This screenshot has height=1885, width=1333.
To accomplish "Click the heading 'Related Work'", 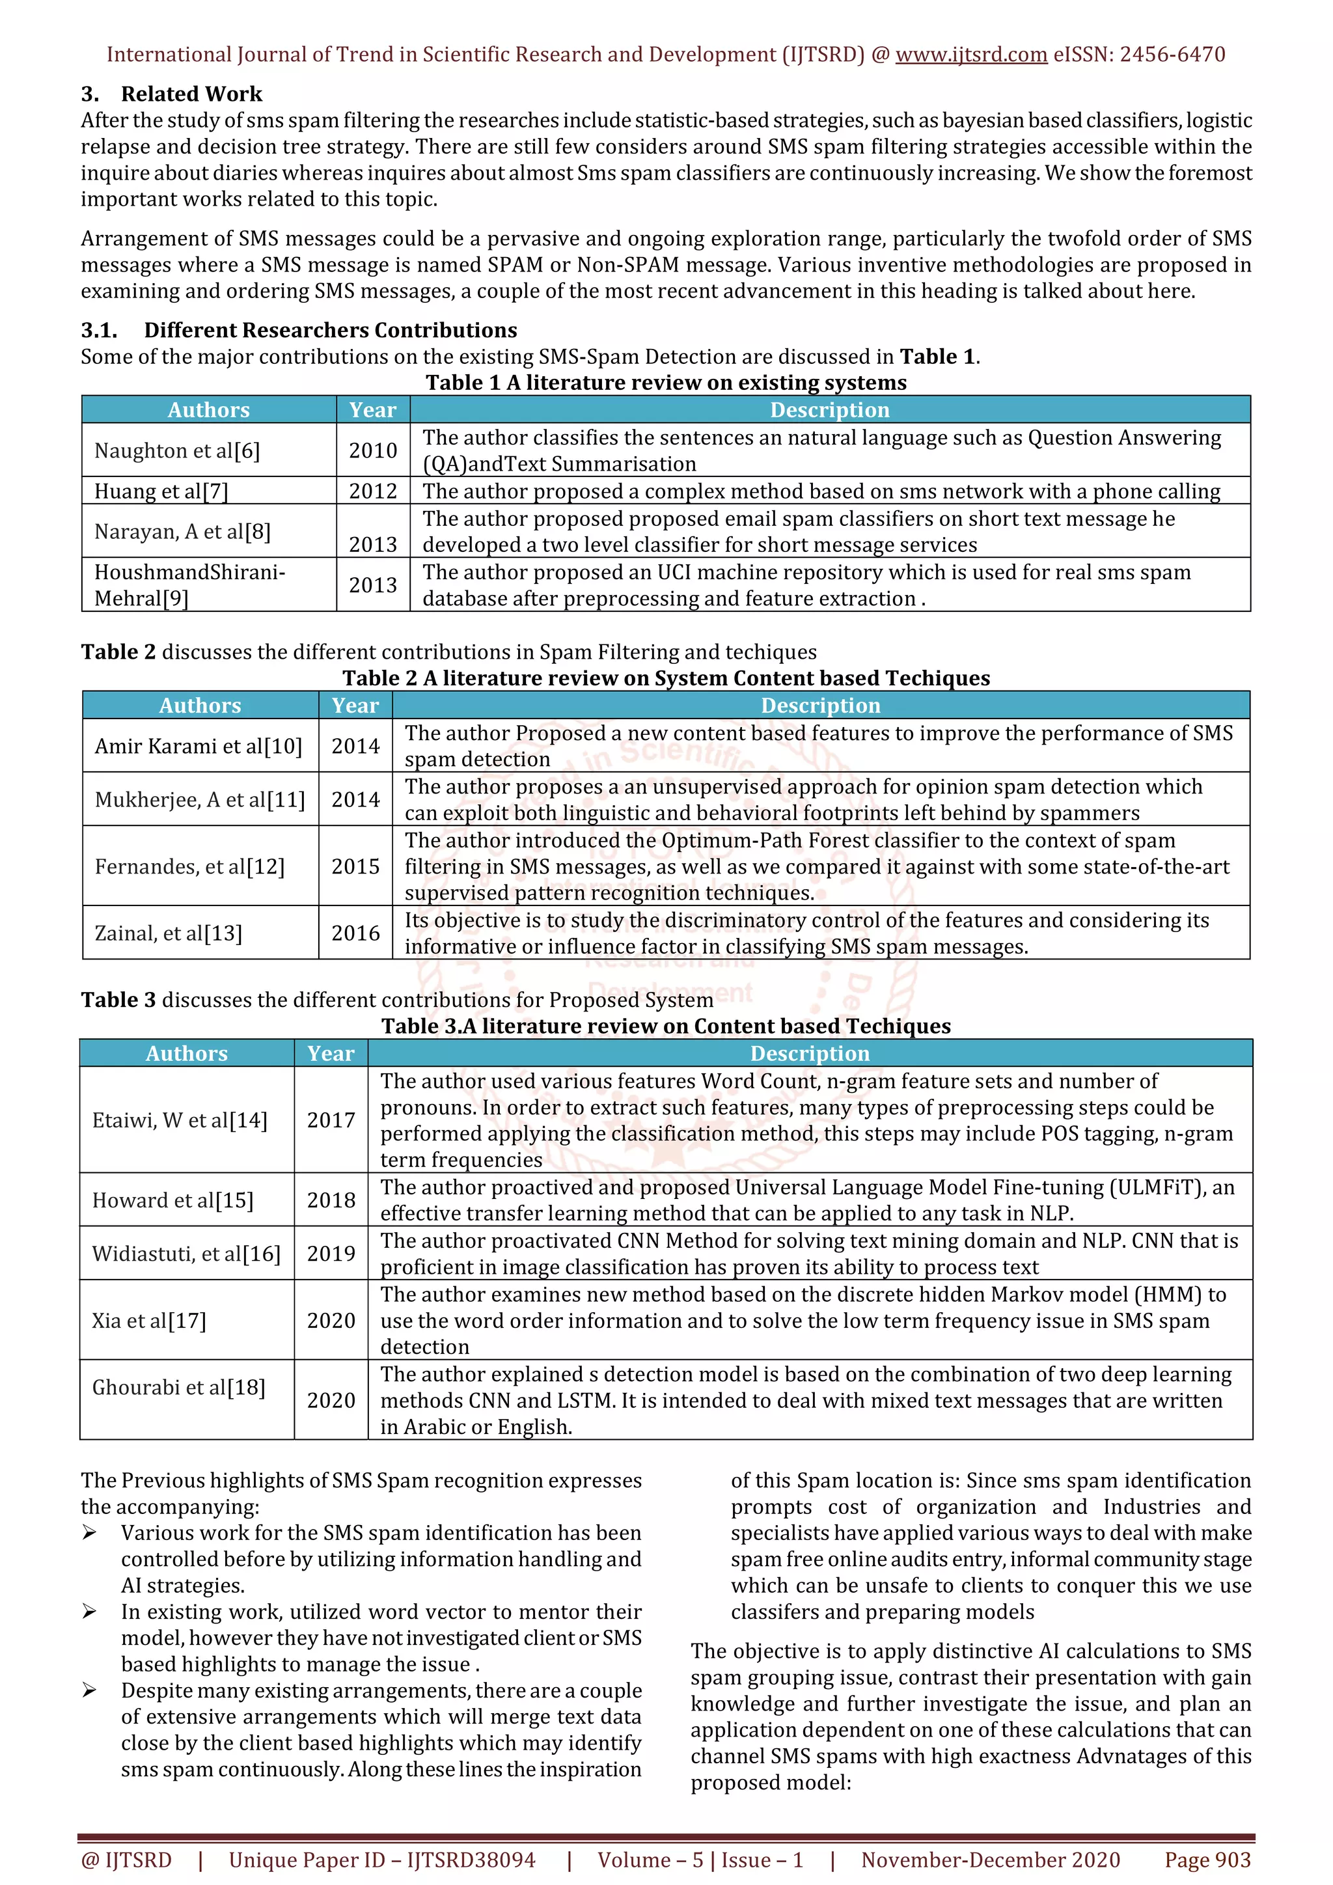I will tap(191, 94).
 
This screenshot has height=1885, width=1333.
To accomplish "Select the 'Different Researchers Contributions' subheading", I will tap(330, 330).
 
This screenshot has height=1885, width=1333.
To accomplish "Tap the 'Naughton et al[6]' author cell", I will tap(176, 450).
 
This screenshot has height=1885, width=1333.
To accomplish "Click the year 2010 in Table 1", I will tap(373, 450).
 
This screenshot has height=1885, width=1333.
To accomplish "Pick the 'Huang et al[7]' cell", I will tap(161, 491).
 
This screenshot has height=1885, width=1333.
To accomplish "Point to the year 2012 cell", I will tap(373, 491).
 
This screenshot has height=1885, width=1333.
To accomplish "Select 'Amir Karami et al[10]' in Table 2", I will tap(198, 747).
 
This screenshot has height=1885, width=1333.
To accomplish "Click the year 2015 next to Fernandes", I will tap(355, 866).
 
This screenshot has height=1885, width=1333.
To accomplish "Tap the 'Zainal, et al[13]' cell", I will tap(169, 933).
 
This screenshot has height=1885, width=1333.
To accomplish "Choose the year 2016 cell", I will tap(355, 933).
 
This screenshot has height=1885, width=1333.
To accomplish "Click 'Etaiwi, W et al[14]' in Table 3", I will tap(180, 1121).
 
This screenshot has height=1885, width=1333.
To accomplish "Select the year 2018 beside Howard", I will tap(331, 1200).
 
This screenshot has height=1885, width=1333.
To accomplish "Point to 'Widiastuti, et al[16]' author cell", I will tap(186, 1254).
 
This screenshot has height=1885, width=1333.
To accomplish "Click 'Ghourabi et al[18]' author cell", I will tap(178, 1388).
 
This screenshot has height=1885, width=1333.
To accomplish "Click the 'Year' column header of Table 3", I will tap(331, 1053).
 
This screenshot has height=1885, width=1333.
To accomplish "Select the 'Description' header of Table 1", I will tap(829, 409).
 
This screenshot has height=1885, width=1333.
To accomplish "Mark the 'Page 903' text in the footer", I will tap(1207, 1860).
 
